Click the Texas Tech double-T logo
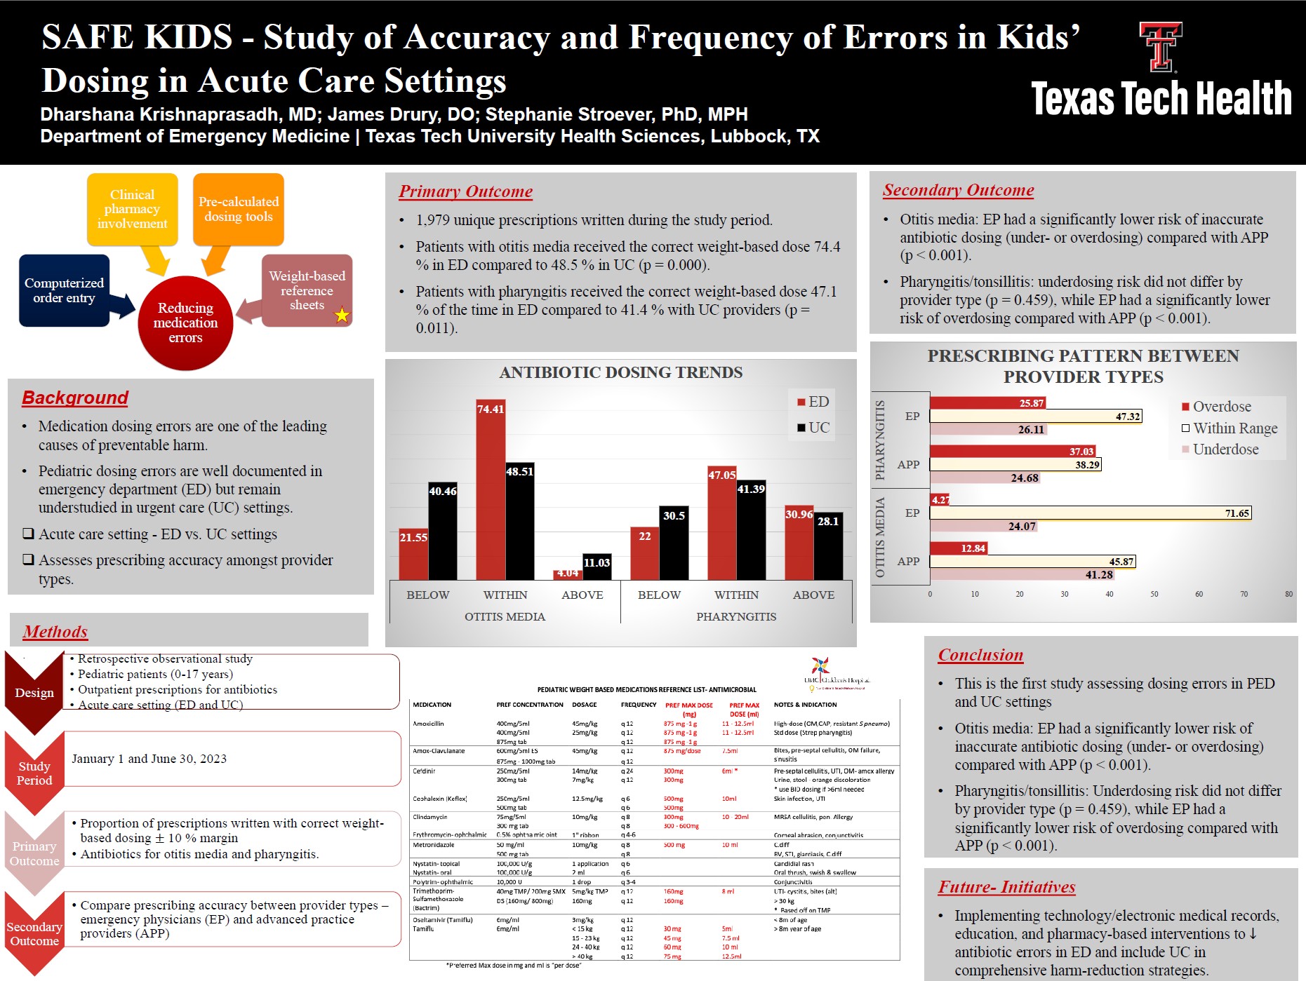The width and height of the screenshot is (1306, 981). (x=1160, y=47)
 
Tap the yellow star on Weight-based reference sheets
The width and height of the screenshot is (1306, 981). (x=342, y=315)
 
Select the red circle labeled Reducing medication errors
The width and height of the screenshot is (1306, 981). (x=185, y=323)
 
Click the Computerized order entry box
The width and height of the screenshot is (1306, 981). (x=64, y=290)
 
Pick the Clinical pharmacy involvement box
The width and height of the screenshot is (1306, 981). (x=132, y=209)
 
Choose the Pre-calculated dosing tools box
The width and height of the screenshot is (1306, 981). (x=239, y=209)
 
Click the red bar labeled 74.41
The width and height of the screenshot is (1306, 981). (x=491, y=491)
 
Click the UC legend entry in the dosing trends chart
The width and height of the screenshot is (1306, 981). (x=813, y=428)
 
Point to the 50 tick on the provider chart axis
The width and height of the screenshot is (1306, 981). (x=1154, y=594)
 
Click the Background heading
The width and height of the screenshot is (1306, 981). (x=75, y=398)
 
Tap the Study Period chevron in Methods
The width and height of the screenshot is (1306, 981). (x=34, y=773)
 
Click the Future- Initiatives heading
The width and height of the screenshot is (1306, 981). (x=1006, y=887)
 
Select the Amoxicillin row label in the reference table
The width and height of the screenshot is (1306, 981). (x=428, y=724)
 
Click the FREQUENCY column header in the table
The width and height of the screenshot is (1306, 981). (x=639, y=705)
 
